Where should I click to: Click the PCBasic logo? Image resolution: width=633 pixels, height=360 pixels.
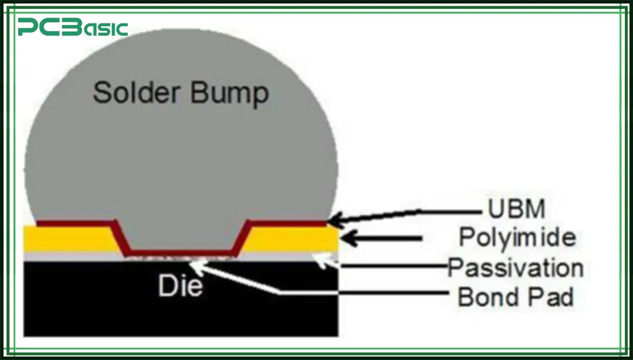(72, 28)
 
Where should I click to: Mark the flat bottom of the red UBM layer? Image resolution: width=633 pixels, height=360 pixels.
(182, 253)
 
